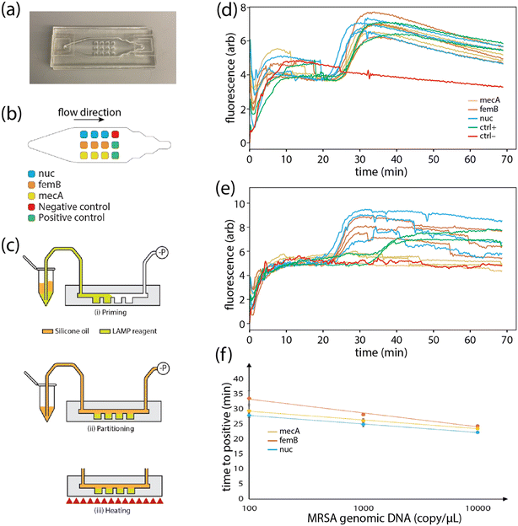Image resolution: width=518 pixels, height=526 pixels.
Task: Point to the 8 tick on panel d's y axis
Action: click(x=240, y=7)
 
